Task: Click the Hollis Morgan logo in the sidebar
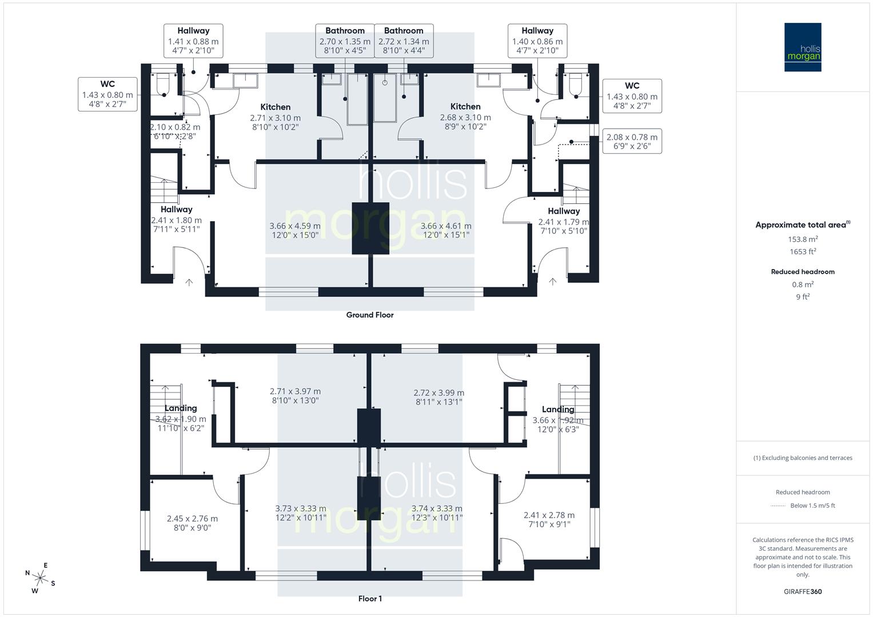[x=802, y=47]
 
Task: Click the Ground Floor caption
[x=370, y=315]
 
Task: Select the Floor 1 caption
[x=370, y=599]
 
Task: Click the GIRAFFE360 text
[x=803, y=591]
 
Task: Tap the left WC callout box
[x=107, y=94]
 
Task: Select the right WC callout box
[x=632, y=95]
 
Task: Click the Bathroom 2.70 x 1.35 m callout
[x=345, y=41]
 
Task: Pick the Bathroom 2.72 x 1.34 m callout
[x=404, y=41]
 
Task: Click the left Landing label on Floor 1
[x=181, y=408]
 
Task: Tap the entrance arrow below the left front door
[x=189, y=282]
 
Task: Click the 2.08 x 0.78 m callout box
[x=632, y=141]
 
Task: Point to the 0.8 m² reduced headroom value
[x=803, y=285]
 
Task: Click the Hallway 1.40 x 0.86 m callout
[x=537, y=41]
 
